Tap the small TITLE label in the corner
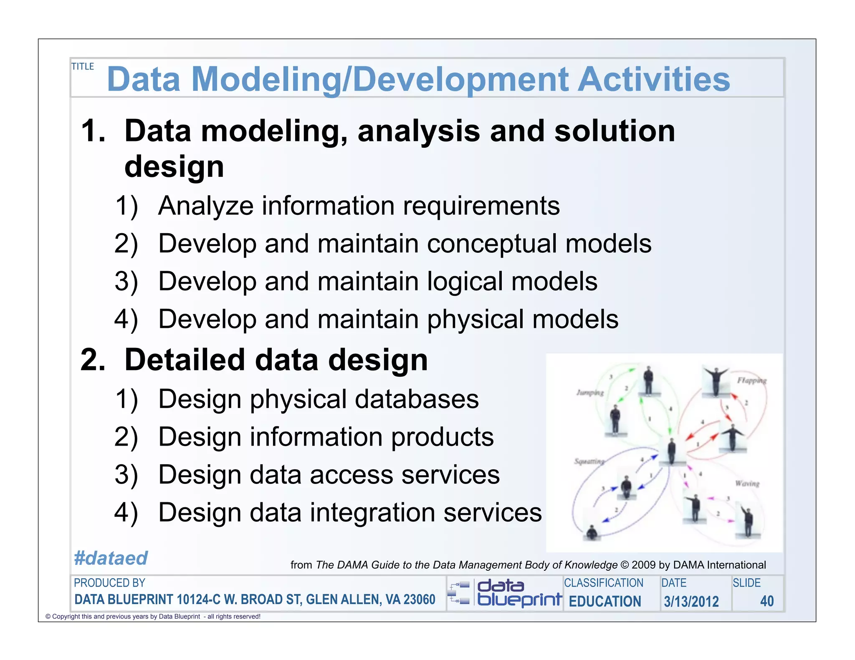point(83,66)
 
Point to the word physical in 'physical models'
point(476,320)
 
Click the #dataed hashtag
point(111,558)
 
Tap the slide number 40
point(766,601)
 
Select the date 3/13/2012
point(691,601)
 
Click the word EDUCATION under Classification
point(605,601)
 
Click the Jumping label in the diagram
point(590,393)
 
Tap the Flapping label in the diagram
point(751,380)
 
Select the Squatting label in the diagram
point(589,461)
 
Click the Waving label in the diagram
point(747,484)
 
